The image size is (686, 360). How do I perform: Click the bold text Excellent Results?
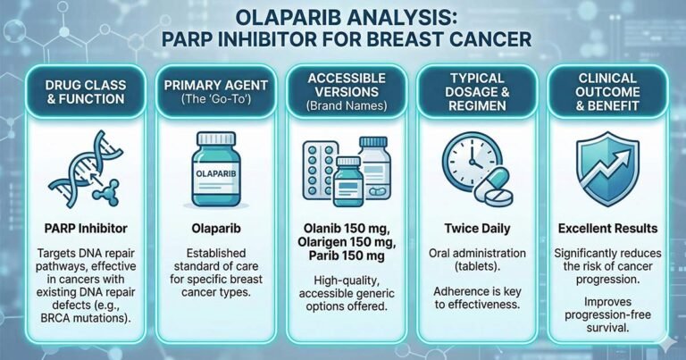[x=605, y=229]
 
